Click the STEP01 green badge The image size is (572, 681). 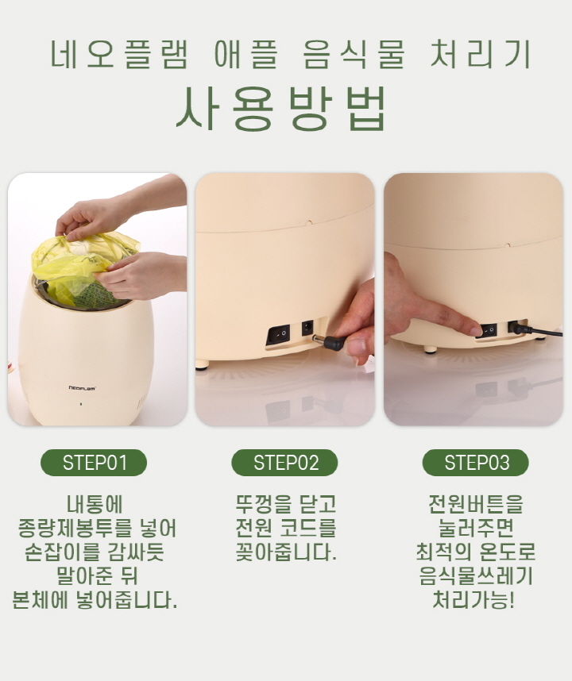pos(94,463)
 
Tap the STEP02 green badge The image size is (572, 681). pos(284,463)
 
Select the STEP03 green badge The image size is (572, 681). pos(476,463)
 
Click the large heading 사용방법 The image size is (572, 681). pos(281,109)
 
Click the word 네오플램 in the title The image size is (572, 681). pos(120,54)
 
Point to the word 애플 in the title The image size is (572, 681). pos(246,54)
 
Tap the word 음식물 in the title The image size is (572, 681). pos(354,54)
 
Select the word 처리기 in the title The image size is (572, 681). pos(481,54)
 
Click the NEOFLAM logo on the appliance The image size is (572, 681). pos(82,388)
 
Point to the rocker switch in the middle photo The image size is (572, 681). pos(278,335)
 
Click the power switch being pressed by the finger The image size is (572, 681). pos(487,331)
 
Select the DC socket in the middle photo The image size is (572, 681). pos(307,328)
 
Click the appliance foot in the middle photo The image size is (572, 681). pos(202,365)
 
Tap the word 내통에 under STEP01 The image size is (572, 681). pos(95,504)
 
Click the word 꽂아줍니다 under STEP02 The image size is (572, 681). pos(286,552)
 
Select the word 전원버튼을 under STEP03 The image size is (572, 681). pos(476,504)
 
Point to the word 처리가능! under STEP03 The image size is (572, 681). pos(473,601)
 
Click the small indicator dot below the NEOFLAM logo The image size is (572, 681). pos(81,404)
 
